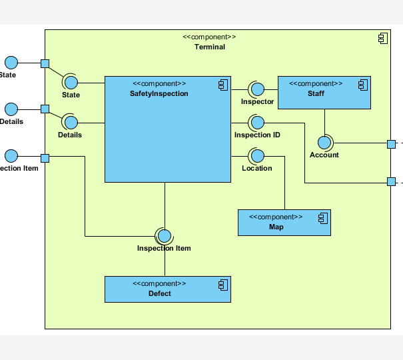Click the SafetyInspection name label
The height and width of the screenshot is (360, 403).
coord(159,94)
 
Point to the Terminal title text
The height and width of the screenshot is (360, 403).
coord(209,47)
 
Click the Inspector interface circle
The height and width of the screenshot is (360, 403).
coord(257,89)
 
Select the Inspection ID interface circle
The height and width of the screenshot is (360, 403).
coord(257,123)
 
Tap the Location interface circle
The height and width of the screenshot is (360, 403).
coord(257,156)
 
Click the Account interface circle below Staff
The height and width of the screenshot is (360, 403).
coord(324,143)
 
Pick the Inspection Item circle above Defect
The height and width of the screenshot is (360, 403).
coord(165,236)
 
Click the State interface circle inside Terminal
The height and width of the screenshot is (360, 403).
coord(71,83)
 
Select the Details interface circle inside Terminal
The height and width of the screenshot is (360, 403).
coord(71,123)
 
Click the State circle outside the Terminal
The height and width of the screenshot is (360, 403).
coord(11,63)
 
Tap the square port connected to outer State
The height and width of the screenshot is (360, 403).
coord(45,63)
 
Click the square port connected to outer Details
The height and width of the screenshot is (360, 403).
coord(45,109)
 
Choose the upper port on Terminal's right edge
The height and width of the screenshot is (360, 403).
coord(391,143)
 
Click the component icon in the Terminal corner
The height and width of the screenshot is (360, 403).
coord(382,39)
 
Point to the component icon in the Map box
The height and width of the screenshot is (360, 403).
coord(322,218)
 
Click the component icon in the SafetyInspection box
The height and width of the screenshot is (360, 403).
coord(222,84)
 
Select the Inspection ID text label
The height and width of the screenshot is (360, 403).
coord(257,135)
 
